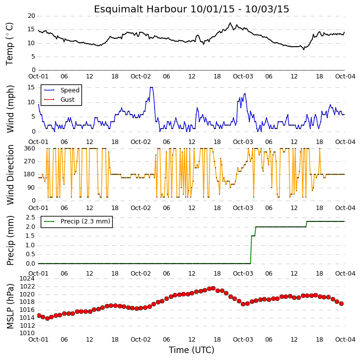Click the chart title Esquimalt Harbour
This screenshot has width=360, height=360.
point(141,9)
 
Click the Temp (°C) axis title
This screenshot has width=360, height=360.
point(9,44)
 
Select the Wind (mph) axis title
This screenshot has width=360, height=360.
point(10,109)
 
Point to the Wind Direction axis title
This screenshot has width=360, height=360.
point(10,174)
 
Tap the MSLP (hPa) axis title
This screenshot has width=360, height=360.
point(10,306)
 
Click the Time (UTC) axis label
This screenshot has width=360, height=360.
point(192,350)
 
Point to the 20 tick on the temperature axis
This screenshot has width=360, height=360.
point(31,16)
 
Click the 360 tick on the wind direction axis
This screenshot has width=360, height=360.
point(30,148)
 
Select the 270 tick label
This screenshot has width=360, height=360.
point(30,161)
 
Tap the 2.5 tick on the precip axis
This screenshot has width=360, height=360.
point(30,217)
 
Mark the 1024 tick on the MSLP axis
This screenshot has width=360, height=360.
point(27,279)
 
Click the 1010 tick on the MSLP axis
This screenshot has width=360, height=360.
point(27,333)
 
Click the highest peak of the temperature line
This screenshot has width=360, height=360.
point(230,23)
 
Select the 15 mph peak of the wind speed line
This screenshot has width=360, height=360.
point(151,87)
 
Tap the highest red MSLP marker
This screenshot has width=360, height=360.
point(214,288)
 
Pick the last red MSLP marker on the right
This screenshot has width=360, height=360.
point(341,303)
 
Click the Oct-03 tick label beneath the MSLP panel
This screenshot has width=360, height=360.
point(243,339)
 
